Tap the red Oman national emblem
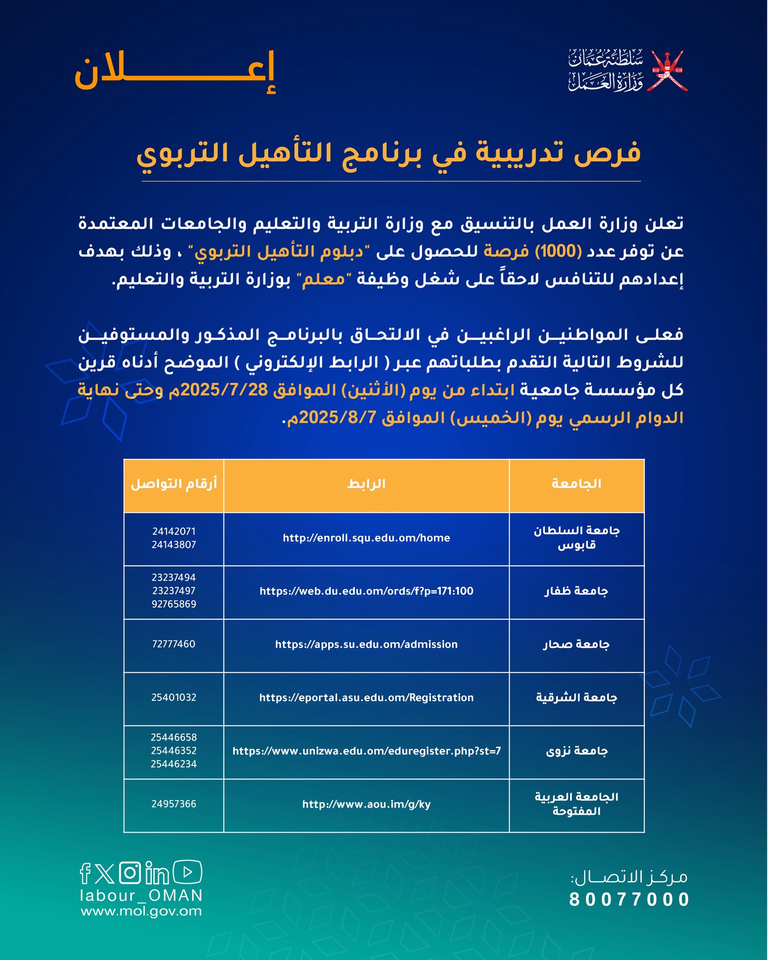[x=667, y=71]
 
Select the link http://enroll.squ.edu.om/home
[x=366, y=538]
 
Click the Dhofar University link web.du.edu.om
[x=366, y=591]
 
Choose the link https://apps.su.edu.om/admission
[x=366, y=645]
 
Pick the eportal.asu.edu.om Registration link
[x=366, y=697]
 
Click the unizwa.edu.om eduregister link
[x=366, y=751]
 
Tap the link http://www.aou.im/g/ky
[x=366, y=804]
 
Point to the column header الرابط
[x=366, y=484]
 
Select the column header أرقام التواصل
[x=173, y=484]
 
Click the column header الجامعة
[x=576, y=484]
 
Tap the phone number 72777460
[x=173, y=644]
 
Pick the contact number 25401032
[x=173, y=697]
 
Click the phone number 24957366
[x=173, y=804]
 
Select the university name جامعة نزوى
[x=576, y=751]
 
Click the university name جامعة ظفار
[x=576, y=591]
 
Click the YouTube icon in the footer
[x=188, y=872]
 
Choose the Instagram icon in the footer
[x=130, y=873]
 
